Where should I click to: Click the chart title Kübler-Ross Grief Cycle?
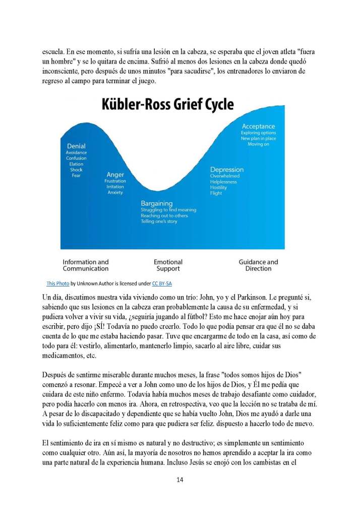point(168,104)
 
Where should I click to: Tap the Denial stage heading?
point(76,146)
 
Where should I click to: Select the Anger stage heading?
point(115,175)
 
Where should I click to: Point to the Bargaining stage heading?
point(156,203)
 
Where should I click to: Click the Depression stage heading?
point(227,169)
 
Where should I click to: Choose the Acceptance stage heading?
point(258,126)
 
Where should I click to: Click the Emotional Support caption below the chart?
point(168,265)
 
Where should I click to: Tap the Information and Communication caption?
point(86,265)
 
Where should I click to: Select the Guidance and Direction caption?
point(258,265)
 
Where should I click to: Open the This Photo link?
point(57,283)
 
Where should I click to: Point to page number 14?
point(180,479)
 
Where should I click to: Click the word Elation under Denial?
point(76,164)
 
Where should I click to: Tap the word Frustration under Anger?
point(115,181)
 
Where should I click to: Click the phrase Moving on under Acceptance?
point(258,145)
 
